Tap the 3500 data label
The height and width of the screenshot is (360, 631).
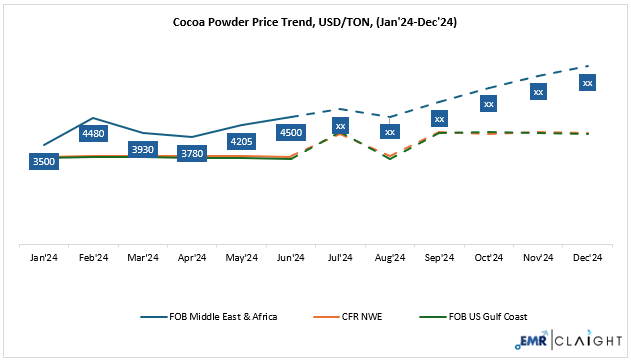pos(44,161)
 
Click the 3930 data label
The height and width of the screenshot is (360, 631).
pos(143,149)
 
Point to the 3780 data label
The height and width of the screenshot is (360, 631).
pos(192,153)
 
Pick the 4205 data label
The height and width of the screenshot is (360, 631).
pos(242,141)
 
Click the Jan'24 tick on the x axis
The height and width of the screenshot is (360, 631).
pos(44,257)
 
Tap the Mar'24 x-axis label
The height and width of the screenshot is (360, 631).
pos(143,257)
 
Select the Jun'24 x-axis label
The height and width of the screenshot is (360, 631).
pos(291,257)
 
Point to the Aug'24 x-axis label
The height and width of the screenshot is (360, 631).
pos(390,257)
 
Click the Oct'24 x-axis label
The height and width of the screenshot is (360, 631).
pos(489,257)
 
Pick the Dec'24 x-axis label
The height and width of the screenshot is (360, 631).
pos(588,257)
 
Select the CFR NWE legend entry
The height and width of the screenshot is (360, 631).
pos(366,316)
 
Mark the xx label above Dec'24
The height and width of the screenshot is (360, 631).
pos(588,82)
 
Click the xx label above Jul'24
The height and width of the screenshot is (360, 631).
pos(341,126)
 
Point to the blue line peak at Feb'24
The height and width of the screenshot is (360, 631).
pos(93,118)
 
